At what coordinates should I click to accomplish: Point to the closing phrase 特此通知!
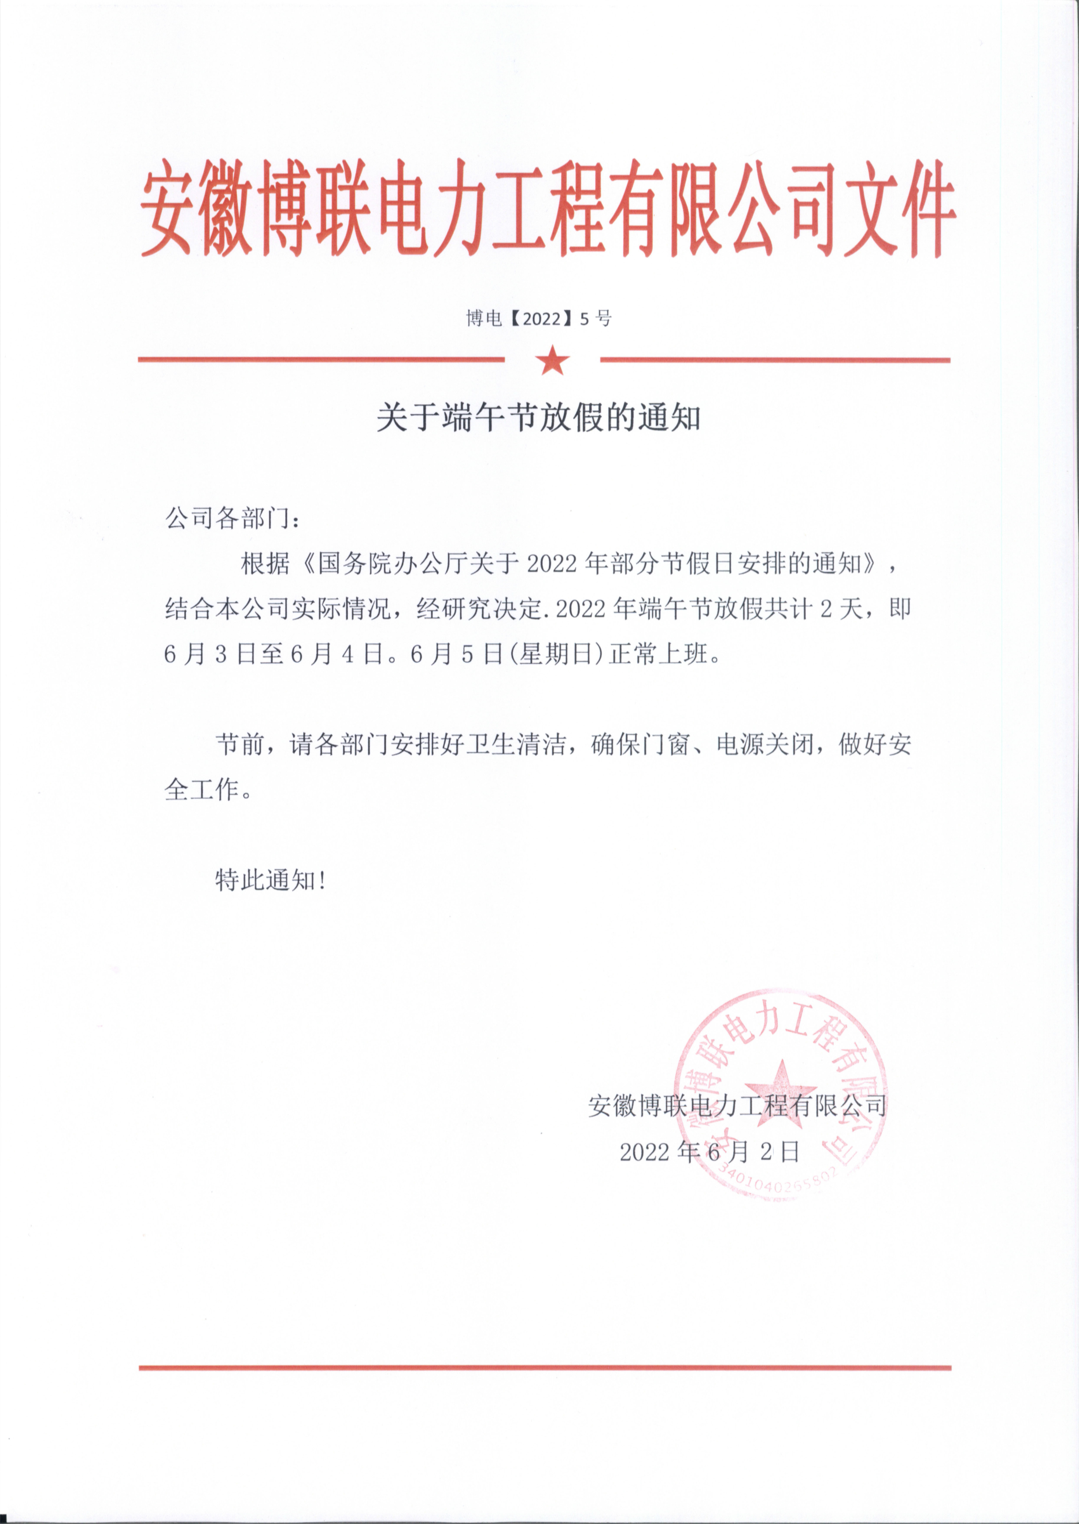pos(270,881)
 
